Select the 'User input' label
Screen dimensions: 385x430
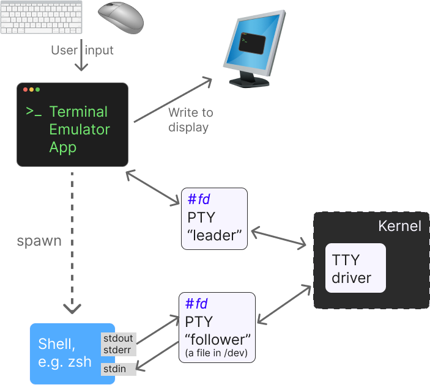tap(82, 50)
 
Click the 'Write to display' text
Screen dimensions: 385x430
tap(190, 120)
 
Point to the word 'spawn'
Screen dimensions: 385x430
tap(39, 240)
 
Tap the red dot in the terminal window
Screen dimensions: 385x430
tap(26, 90)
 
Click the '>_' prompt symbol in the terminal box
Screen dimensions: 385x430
tap(34, 112)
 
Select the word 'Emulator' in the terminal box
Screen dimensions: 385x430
tap(80, 130)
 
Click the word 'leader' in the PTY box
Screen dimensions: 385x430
tap(214, 235)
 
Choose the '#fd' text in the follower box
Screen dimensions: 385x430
tap(198, 304)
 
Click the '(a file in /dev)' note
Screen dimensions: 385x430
tap(217, 353)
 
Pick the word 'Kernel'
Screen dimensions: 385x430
tap(399, 226)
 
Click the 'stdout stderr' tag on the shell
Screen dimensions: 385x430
tap(118, 344)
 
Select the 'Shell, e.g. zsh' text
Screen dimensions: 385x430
tap(65, 353)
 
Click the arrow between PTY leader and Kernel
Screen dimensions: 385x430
tap(279, 237)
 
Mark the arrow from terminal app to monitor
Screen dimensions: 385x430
tap(172, 100)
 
